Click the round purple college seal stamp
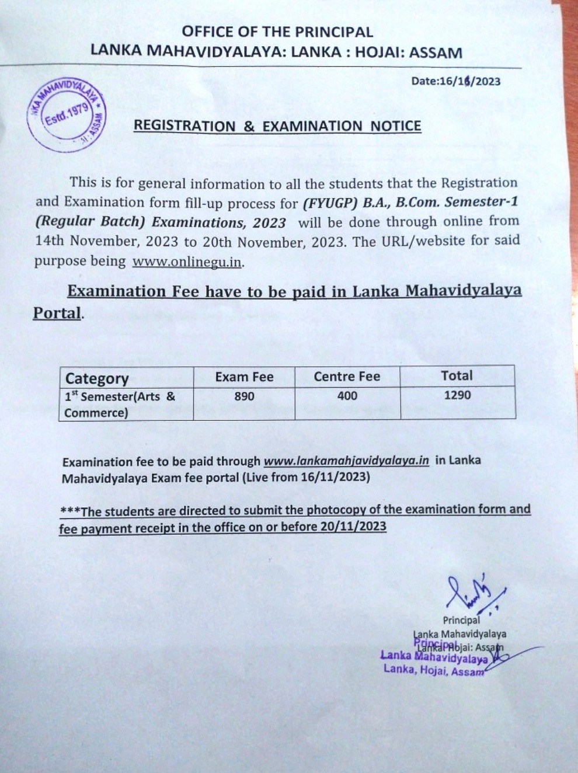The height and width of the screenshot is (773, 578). click(x=66, y=115)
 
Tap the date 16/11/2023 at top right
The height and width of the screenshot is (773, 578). click(x=455, y=81)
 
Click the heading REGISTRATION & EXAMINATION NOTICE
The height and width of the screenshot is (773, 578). click(x=277, y=126)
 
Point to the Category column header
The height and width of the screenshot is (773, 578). click(x=97, y=378)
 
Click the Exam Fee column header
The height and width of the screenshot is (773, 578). click(x=244, y=377)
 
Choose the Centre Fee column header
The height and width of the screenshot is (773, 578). click(x=347, y=377)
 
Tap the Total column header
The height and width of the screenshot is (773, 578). click(x=457, y=375)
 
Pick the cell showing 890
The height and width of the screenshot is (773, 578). click(x=244, y=396)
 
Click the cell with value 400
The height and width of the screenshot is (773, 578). click(x=347, y=396)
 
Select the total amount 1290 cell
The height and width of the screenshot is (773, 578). click(x=457, y=395)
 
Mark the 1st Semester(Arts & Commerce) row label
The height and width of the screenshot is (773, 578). click(x=120, y=404)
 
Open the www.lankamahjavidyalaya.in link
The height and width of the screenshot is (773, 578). click(x=346, y=461)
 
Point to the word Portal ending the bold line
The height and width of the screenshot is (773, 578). click(x=57, y=313)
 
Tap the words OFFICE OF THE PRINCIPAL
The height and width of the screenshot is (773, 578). click(x=277, y=32)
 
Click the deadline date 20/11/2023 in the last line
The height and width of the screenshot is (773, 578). click(x=353, y=527)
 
